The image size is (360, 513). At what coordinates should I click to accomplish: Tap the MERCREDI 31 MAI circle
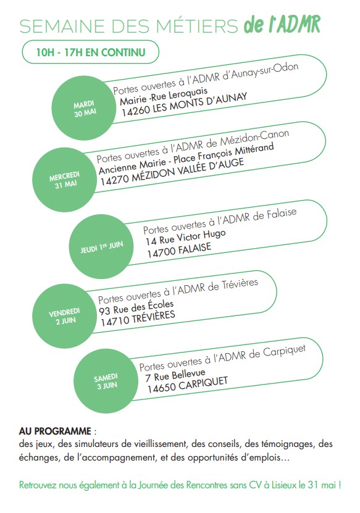click(x=65, y=180)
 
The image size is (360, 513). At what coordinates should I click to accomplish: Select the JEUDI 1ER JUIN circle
click(x=101, y=246)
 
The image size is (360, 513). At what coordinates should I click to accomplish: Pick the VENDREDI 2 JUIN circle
click(x=65, y=315)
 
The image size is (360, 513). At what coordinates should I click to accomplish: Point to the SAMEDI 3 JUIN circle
click(x=106, y=381)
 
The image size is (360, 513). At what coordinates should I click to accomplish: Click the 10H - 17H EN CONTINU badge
click(x=91, y=52)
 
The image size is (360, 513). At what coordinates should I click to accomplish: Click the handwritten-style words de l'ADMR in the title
click(x=282, y=25)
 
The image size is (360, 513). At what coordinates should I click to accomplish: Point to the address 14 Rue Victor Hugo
click(x=186, y=237)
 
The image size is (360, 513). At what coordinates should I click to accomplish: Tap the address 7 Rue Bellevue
click(x=175, y=375)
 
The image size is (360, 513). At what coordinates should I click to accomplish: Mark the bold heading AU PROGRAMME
click(x=55, y=431)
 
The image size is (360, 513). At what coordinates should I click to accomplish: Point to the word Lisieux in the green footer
click(x=284, y=485)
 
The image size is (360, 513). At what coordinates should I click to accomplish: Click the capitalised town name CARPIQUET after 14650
click(x=203, y=384)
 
